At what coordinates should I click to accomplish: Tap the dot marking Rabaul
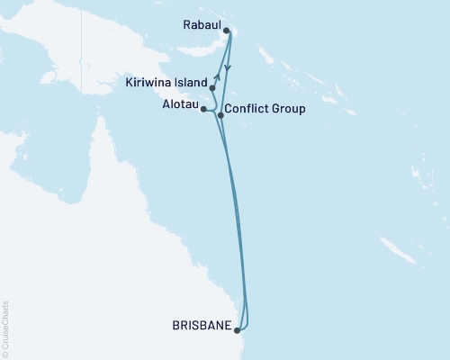(226, 31)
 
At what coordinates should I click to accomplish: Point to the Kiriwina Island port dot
(212, 87)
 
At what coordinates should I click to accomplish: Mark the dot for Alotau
(204, 109)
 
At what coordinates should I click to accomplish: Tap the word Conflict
(245, 109)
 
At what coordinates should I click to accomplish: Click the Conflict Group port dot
(220, 115)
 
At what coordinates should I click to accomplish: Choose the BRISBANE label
(200, 328)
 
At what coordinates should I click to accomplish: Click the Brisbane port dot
(237, 329)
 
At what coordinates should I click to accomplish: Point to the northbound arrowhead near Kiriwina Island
(218, 76)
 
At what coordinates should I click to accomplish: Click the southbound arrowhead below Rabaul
(228, 68)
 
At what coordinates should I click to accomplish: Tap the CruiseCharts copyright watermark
(5, 329)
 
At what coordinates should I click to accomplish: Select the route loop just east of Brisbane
(247, 315)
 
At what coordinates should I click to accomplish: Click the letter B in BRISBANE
(175, 328)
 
